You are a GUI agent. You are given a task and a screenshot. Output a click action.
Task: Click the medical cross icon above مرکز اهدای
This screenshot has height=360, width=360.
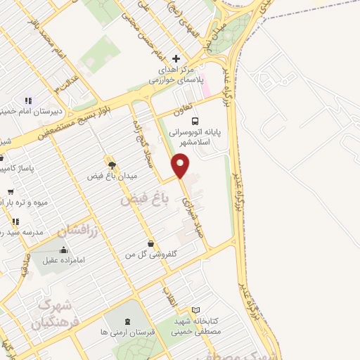176,58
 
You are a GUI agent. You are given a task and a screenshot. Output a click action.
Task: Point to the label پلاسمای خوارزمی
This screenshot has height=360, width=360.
176,81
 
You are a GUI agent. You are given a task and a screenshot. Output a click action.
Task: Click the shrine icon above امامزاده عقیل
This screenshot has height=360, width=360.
64,250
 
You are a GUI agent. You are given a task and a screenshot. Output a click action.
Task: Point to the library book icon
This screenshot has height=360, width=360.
196,310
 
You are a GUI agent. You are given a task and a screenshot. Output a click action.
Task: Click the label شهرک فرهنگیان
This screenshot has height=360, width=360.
53,314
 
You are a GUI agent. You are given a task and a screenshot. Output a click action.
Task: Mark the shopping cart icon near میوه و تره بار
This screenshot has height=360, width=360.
11,191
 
